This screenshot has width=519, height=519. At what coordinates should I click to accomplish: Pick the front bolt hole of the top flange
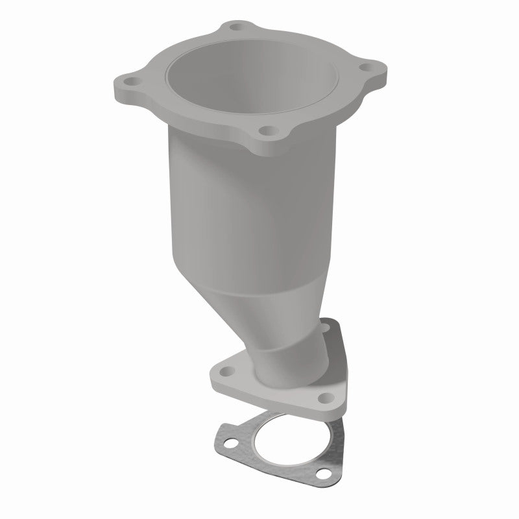(264, 130)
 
